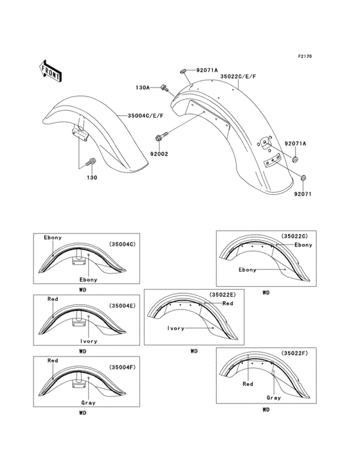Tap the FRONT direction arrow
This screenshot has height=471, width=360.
(x=51, y=71)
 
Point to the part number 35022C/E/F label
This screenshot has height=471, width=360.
(x=239, y=76)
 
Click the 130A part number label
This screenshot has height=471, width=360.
(x=143, y=88)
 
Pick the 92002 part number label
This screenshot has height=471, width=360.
(x=159, y=154)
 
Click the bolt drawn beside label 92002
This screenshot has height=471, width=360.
(x=161, y=136)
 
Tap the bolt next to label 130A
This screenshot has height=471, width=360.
(x=165, y=87)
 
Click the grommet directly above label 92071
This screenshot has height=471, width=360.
(x=303, y=177)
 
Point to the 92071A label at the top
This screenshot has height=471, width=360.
(x=207, y=70)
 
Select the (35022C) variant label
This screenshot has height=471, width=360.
(x=295, y=237)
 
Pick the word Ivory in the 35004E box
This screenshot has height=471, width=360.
(x=88, y=341)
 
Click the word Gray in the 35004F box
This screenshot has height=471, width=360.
(x=88, y=403)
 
